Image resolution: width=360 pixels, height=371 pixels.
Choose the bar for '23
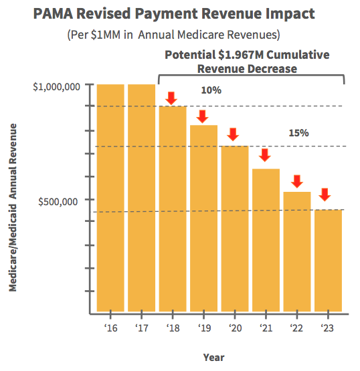328,261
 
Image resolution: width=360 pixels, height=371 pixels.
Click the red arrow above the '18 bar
172,98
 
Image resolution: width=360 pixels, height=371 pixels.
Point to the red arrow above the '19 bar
203,117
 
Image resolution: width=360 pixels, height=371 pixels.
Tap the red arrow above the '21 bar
265,154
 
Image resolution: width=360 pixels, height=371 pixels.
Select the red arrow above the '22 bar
296,180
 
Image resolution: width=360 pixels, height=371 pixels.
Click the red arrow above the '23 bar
325,195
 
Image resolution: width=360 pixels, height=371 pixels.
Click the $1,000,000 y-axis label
57,86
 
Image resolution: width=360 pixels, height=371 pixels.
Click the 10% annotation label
211,90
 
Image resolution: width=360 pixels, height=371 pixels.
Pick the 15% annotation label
298,133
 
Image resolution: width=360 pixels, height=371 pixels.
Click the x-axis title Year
214,357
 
